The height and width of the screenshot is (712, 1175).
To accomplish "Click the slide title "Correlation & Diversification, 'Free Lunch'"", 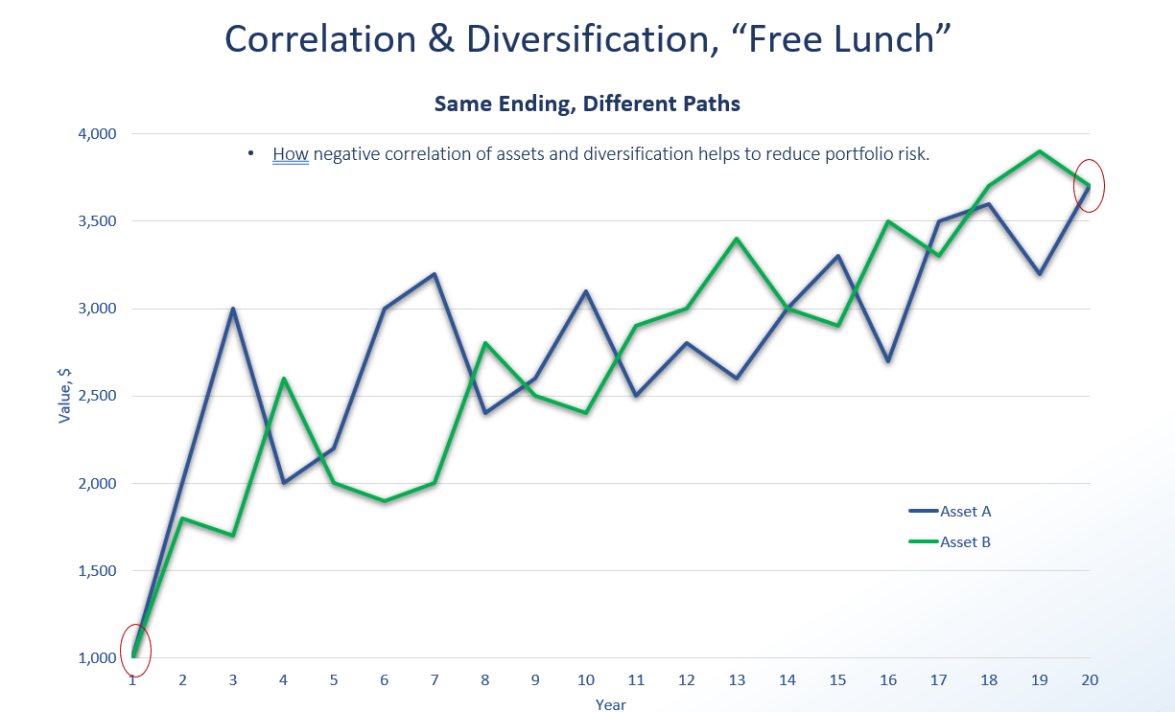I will [x=587, y=38].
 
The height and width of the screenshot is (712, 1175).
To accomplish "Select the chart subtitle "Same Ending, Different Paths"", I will [x=587, y=103].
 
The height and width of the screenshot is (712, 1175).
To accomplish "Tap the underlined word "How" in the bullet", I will [x=290, y=154].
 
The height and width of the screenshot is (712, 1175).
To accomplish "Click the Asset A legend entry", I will [x=965, y=512].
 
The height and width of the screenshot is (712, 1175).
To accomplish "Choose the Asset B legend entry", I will [x=965, y=542].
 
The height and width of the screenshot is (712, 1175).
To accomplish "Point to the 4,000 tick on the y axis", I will [x=96, y=134].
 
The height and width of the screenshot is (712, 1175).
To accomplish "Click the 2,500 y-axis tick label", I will [x=96, y=396].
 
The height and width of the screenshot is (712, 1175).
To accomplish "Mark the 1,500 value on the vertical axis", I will [x=96, y=571].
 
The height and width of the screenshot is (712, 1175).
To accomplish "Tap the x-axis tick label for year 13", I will [x=737, y=680].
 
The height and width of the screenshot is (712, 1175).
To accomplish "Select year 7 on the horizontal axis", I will [x=435, y=680].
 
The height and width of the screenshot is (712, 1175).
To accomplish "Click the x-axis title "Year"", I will [x=610, y=704].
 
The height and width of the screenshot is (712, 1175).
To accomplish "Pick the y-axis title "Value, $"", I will [x=65, y=395].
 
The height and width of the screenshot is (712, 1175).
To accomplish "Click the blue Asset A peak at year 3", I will [x=232, y=309].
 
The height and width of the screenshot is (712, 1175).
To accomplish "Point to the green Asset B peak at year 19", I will [x=1040, y=151].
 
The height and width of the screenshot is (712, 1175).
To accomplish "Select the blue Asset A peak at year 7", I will [x=435, y=274].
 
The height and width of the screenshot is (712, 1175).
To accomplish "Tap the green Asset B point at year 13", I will [x=737, y=239].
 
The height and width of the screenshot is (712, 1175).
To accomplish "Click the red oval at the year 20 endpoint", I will [x=1090, y=185].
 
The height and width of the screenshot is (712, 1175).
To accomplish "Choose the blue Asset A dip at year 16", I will [x=888, y=361].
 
